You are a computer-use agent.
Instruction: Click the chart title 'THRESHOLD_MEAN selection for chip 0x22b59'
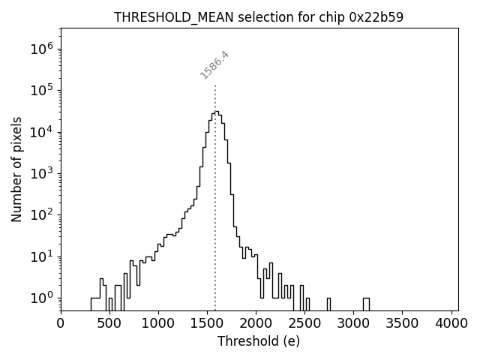(259, 17)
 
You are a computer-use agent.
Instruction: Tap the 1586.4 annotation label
(214, 64)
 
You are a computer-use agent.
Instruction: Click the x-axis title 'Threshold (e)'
(259, 341)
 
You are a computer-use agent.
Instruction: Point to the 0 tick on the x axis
(61, 323)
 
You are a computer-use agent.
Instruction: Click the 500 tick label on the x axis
(109, 323)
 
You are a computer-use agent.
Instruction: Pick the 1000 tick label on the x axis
(158, 323)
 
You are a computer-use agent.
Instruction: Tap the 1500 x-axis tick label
(207, 323)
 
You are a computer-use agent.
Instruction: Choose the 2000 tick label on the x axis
(256, 323)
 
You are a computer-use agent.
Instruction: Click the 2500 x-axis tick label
(304, 323)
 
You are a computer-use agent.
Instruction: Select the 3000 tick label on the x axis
(354, 323)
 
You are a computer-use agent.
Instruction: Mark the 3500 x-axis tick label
(403, 323)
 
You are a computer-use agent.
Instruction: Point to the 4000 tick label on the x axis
(451, 323)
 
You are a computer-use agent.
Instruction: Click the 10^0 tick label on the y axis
(42, 298)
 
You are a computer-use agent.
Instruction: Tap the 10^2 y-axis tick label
(42, 214)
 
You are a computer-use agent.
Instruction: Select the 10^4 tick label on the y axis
(42, 132)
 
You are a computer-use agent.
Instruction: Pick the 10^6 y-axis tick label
(42, 49)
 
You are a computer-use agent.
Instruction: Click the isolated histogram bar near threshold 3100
(365, 303)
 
